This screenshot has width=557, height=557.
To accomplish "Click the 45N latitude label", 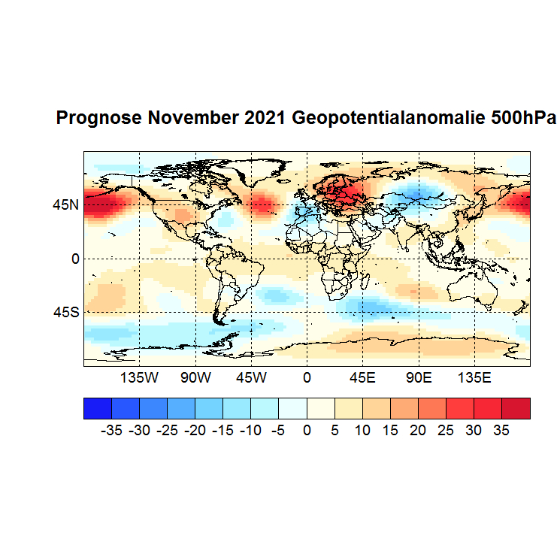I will [65, 204].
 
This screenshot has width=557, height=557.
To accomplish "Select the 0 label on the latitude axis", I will [74, 259].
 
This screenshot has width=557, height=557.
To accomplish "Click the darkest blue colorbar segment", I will [97, 408].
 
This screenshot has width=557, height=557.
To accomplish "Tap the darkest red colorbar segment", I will [516, 408].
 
